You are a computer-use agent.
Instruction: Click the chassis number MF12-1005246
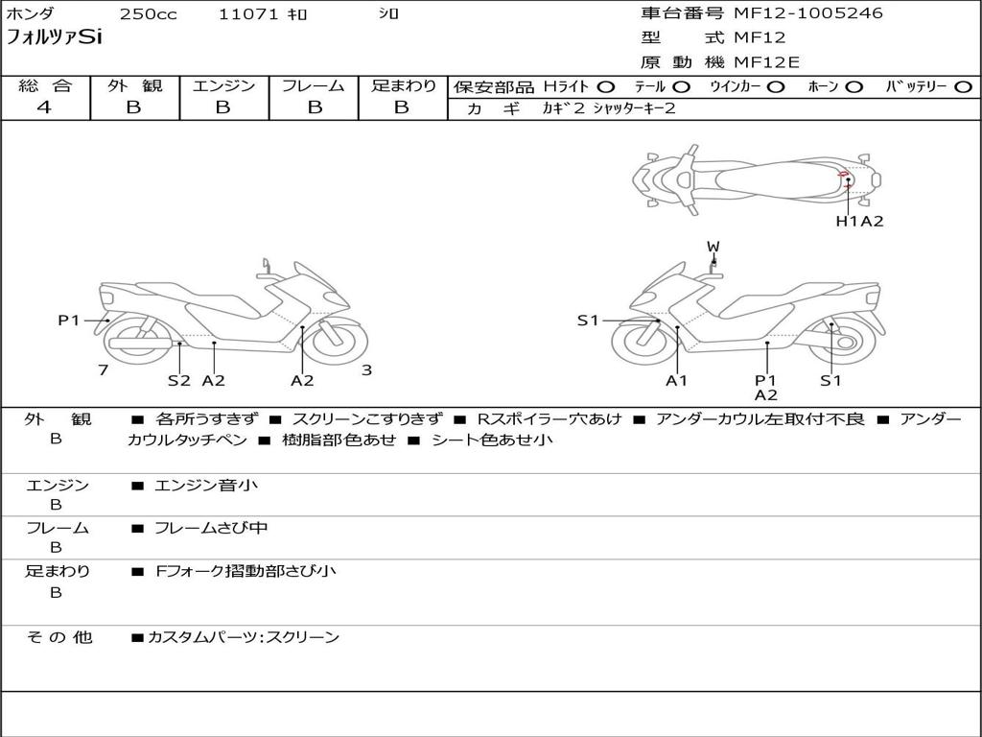pyautogui.click(x=808, y=13)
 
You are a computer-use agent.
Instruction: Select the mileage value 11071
pyautogui.click(x=248, y=14)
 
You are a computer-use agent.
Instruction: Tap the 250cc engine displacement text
pyautogui.click(x=148, y=14)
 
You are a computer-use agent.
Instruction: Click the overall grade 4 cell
pyautogui.click(x=44, y=107)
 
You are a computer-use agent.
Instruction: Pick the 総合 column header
pyautogui.click(x=45, y=86)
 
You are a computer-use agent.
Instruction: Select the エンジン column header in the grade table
pyautogui.click(x=223, y=86)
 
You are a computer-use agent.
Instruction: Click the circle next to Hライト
pyautogui.click(x=606, y=87)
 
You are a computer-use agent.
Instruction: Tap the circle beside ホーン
pyautogui.click(x=854, y=87)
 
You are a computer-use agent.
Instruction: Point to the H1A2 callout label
pyautogui.click(x=859, y=221)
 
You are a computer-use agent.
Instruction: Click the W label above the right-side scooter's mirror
pyautogui.click(x=713, y=247)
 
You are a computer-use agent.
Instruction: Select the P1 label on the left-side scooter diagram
pyautogui.click(x=68, y=321)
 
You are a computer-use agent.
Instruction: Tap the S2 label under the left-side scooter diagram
pyautogui.click(x=179, y=380)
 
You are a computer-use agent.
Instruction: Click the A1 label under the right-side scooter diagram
pyautogui.click(x=677, y=380)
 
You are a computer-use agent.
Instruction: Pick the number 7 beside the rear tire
pyautogui.click(x=103, y=369)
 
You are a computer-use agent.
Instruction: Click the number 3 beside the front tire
pyautogui.click(x=366, y=369)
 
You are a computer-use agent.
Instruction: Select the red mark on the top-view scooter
pyautogui.click(x=844, y=175)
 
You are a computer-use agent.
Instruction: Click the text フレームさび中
pyautogui.click(x=211, y=528)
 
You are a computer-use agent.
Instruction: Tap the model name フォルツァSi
pyautogui.click(x=54, y=38)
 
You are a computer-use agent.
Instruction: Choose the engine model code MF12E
pyautogui.click(x=767, y=62)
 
